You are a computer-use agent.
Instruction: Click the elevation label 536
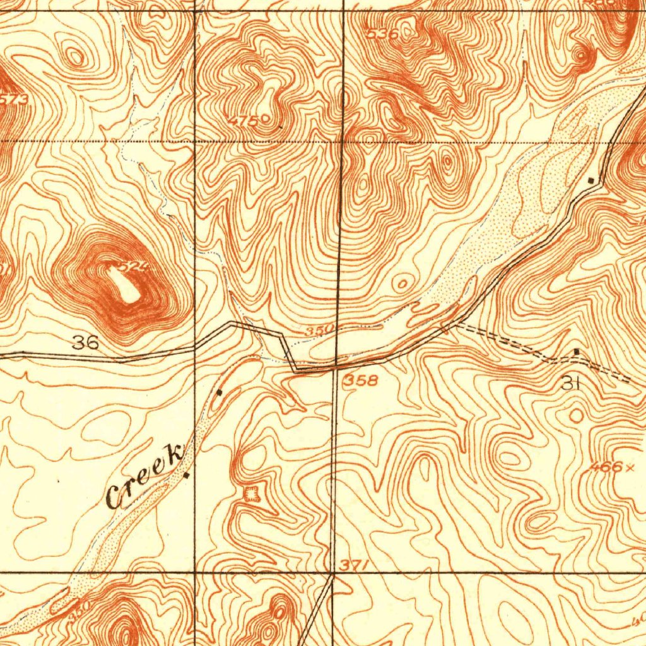(x=383, y=34)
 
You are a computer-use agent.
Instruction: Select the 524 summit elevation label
(x=134, y=267)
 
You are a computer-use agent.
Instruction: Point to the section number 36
(x=85, y=343)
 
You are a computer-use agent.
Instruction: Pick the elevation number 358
(x=361, y=380)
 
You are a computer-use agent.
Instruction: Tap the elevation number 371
(x=354, y=566)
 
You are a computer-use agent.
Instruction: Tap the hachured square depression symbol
(x=252, y=493)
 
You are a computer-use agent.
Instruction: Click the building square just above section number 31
(x=576, y=351)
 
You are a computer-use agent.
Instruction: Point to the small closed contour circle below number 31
(x=576, y=415)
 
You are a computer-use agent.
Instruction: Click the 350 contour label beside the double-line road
(x=315, y=331)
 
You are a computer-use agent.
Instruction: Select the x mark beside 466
(x=630, y=467)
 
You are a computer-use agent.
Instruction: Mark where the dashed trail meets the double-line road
(x=449, y=324)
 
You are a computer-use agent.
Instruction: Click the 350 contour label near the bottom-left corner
(x=80, y=609)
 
